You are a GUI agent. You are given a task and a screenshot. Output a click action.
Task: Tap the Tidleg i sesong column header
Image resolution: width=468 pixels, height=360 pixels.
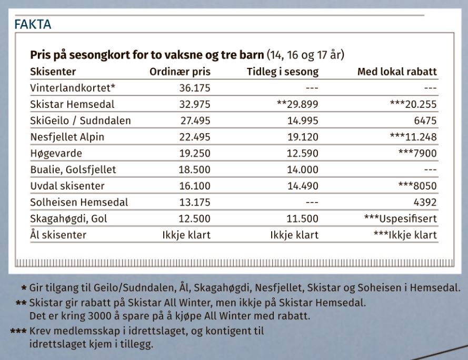click(x=283, y=72)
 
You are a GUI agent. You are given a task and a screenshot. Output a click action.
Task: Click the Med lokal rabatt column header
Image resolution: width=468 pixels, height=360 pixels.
click(x=397, y=72)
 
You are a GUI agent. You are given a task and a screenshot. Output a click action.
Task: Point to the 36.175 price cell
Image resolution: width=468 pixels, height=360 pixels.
click(x=194, y=88)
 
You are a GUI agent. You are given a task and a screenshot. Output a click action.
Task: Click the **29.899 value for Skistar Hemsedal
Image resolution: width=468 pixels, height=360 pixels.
click(x=297, y=104)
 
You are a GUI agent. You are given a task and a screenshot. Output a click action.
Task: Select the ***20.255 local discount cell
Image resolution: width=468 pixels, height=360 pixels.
click(x=413, y=104)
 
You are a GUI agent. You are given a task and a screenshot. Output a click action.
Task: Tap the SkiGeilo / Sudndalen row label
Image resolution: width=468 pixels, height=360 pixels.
click(x=81, y=121)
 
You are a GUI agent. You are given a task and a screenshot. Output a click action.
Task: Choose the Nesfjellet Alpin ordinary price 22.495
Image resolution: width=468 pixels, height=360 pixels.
click(x=194, y=137)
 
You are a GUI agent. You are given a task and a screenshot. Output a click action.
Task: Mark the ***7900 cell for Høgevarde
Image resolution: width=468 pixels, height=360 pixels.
click(x=418, y=153)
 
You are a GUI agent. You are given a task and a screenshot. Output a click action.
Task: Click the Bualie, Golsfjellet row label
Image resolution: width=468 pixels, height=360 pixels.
click(x=73, y=169)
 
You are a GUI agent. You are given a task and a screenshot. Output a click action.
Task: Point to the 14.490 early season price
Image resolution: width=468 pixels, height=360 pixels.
click(x=301, y=186)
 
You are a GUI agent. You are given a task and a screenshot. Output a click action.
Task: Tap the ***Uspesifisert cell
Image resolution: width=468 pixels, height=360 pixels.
click(x=400, y=218)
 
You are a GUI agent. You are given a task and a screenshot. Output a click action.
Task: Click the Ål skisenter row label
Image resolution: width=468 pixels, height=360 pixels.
click(x=58, y=235)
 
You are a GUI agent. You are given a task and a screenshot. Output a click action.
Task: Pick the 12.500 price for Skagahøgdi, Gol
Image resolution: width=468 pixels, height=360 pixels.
click(x=194, y=218)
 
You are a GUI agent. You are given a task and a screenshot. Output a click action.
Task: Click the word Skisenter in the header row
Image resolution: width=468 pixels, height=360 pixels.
click(x=53, y=72)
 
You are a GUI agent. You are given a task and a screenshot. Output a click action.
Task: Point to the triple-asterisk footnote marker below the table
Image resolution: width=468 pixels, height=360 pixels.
click(x=18, y=332)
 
